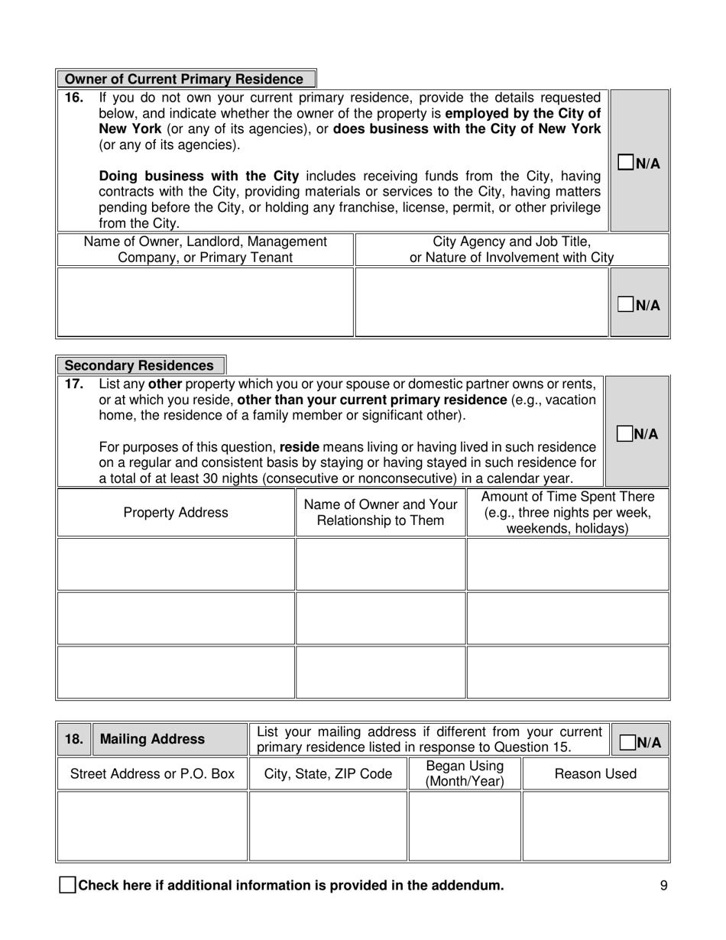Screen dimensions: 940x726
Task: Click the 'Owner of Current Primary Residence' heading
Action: coord(184,79)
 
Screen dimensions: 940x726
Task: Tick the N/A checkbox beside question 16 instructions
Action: coord(626,162)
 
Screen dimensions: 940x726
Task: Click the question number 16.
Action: coord(73,98)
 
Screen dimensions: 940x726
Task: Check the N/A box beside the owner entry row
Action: coord(626,305)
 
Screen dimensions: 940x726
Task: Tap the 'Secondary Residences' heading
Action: coord(140,366)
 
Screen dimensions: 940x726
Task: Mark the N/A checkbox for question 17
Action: coord(624,433)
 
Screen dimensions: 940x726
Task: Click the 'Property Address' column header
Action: coord(176,513)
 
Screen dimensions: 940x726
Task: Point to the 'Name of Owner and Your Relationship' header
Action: coord(381,513)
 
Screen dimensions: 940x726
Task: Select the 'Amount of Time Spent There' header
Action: coord(567,513)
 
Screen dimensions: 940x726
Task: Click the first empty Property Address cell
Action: coord(176,564)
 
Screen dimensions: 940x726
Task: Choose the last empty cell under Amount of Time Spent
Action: coord(567,673)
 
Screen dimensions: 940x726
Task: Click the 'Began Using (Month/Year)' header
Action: coord(465,773)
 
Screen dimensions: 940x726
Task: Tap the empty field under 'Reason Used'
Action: coord(595,826)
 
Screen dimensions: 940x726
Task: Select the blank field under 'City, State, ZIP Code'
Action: coord(328,826)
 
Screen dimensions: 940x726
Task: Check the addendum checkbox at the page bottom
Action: coord(67,886)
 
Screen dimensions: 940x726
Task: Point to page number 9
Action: coord(663,886)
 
